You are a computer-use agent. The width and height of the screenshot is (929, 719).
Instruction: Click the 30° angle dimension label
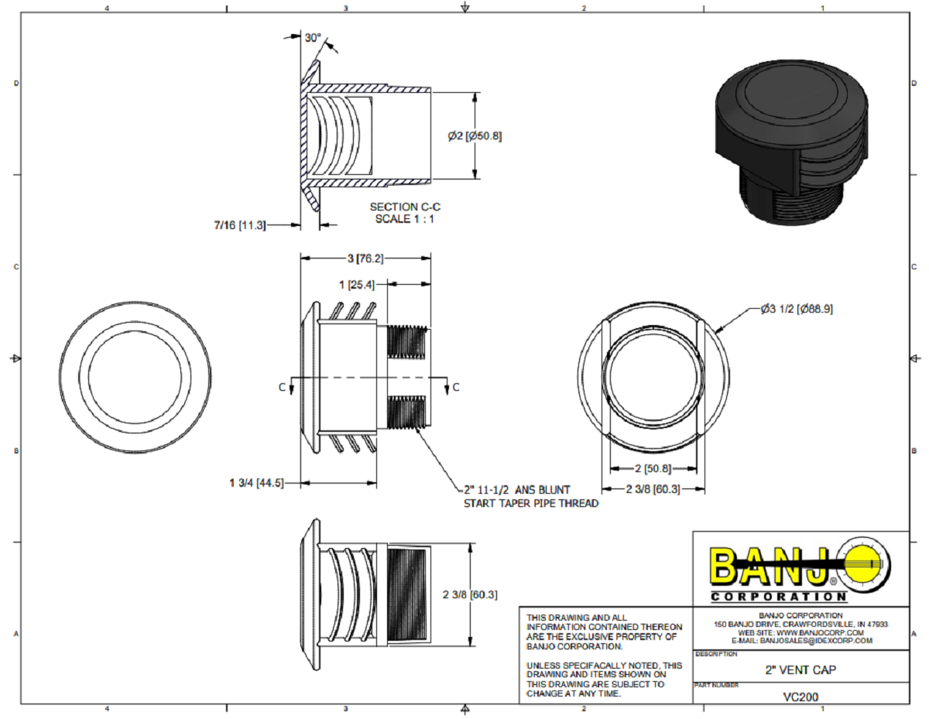coord(312,38)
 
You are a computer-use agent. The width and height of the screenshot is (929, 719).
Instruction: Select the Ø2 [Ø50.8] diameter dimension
coord(474,135)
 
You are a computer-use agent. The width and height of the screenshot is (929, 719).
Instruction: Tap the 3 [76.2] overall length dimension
coord(365,258)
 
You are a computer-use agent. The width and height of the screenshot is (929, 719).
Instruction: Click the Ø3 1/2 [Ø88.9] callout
coord(795,308)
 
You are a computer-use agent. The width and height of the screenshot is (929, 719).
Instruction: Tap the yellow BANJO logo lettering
coord(771,567)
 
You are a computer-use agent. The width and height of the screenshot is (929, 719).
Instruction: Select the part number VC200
coord(800,696)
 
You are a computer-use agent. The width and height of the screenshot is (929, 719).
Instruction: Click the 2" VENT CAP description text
coord(800,669)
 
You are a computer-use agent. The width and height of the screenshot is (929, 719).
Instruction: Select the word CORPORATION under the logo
coord(778,597)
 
